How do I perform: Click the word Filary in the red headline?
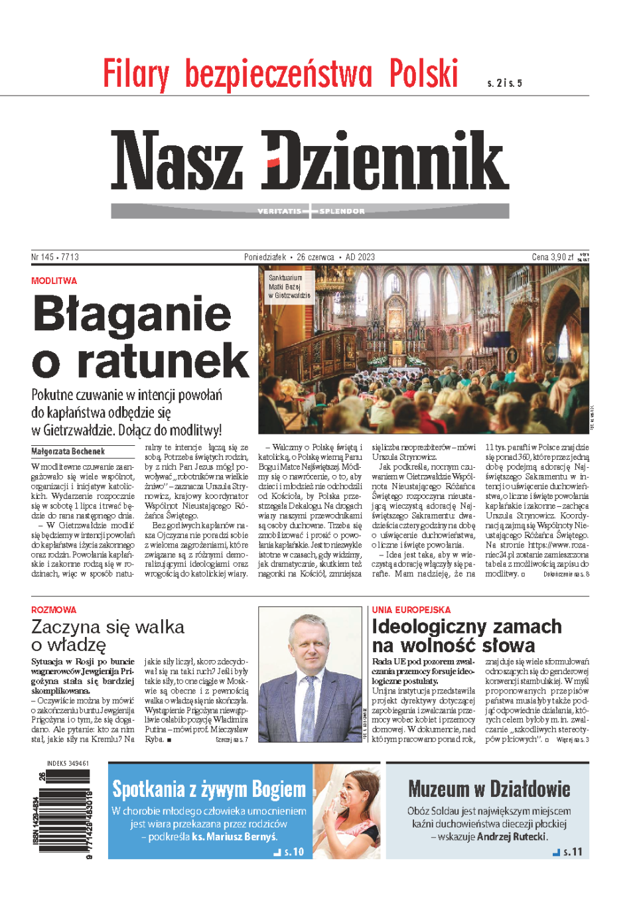pyautogui.click(x=136, y=74)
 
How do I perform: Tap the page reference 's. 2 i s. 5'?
pyautogui.click(x=504, y=83)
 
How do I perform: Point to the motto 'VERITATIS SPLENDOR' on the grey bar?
pyautogui.click(x=311, y=211)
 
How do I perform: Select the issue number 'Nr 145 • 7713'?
pyautogui.click(x=55, y=257)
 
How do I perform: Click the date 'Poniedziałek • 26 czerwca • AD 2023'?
pyautogui.click(x=309, y=257)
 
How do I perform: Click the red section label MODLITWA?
pyautogui.click(x=54, y=281)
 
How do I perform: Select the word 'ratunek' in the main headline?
pyautogui.click(x=163, y=361)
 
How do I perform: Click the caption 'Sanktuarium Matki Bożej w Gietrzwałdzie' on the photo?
pyautogui.click(x=289, y=287)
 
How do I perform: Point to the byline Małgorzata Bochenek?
pyautogui.click(x=68, y=451)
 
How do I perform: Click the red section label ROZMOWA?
pyautogui.click(x=54, y=610)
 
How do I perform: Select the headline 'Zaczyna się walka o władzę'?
pyautogui.click(x=107, y=635)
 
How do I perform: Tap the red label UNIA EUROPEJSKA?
pyautogui.click(x=411, y=610)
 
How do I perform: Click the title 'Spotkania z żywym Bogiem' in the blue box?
pyautogui.click(x=208, y=789)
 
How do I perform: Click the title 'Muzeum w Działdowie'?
pyautogui.click(x=489, y=789)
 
